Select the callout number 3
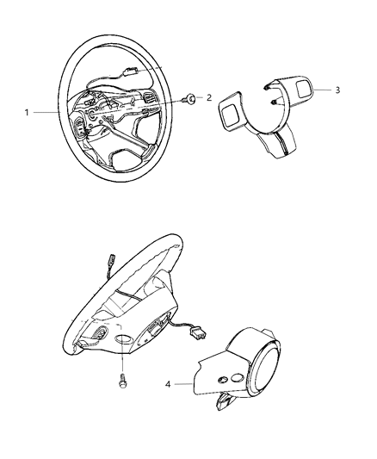pyautogui.click(x=338, y=90)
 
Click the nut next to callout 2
pyautogui.click(x=189, y=100)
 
